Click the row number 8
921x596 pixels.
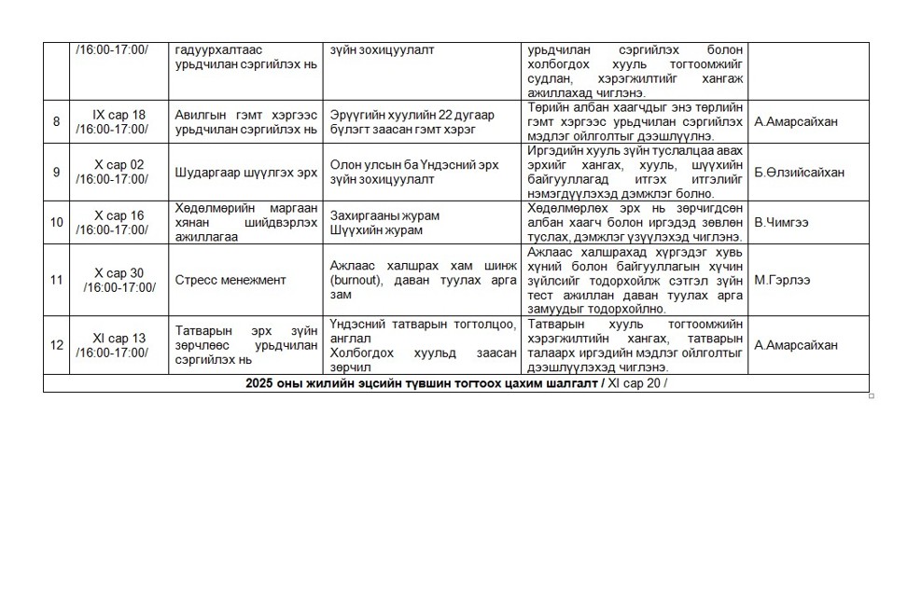(x=57, y=121)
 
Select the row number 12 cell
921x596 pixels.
(x=57, y=345)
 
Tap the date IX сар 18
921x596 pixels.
(x=119, y=115)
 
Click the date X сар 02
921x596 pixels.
(x=119, y=164)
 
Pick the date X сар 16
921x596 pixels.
(x=119, y=215)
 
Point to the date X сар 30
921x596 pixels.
(x=119, y=273)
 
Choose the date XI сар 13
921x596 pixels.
(x=119, y=339)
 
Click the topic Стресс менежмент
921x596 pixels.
(x=230, y=280)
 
